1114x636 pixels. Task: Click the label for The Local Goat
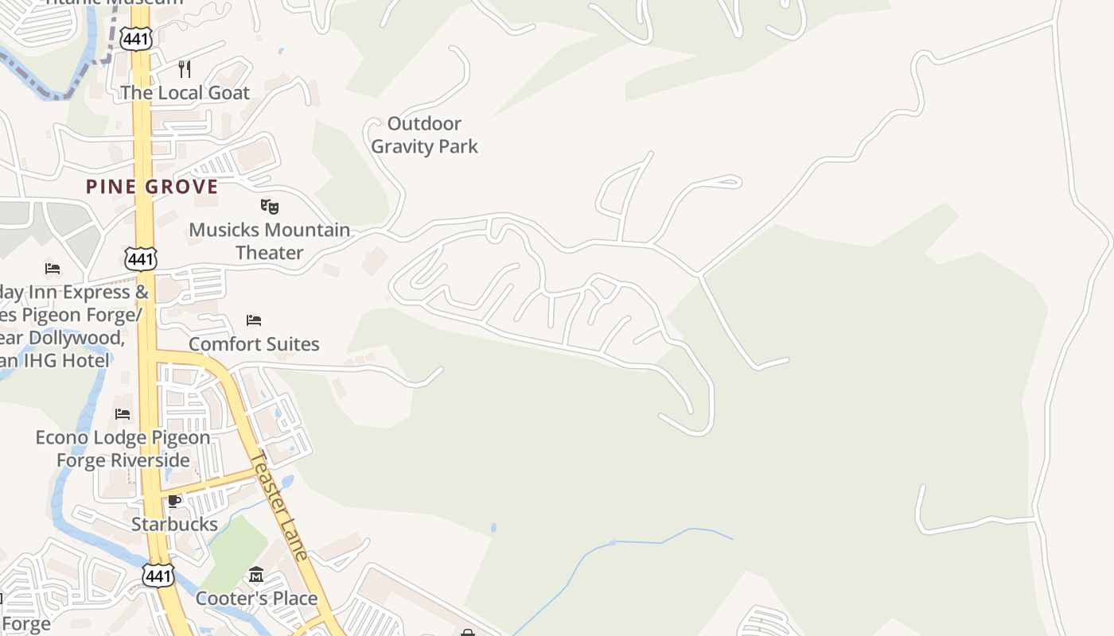pyautogui.click(x=185, y=92)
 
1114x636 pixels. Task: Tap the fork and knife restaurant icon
pyautogui.click(x=185, y=68)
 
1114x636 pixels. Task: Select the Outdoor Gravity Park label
pyautogui.click(x=424, y=134)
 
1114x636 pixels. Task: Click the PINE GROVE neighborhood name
pyautogui.click(x=152, y=187)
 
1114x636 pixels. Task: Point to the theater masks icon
pyautogui.click(x=270, y=207)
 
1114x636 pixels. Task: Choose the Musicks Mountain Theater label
pyautogui.click(x=269, y=241)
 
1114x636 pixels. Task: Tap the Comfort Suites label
pyautogui.click(x=254, y=344)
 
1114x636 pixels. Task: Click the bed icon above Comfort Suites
pyautogui.click(x=254, y=320)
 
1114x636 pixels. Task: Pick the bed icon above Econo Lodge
pyautogui.click(x=123, y=413)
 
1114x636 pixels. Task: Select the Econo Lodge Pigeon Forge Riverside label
pyautogui.click(x=123, y=448)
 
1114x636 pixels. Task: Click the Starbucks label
pyautogui.click(x=174, y=524)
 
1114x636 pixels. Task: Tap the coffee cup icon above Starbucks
pyautogui.click(x=174, y=500)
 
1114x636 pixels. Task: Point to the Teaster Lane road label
pyautogui.click(x=278, y=506)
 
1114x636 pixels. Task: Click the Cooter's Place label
pyautogui.click(x=256, y=598)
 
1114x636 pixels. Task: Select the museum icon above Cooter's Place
pyautogui.click(x=256, y=575)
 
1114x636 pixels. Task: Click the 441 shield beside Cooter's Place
pyautogui.click(x=158, y=576)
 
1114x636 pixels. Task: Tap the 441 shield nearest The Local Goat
pyautogui.click(x=135, y=38)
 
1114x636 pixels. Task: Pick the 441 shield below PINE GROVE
pyautogui.click(x=140, y=258)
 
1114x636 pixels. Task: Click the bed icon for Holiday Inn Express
pyautogui.click(x=53, y=268)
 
